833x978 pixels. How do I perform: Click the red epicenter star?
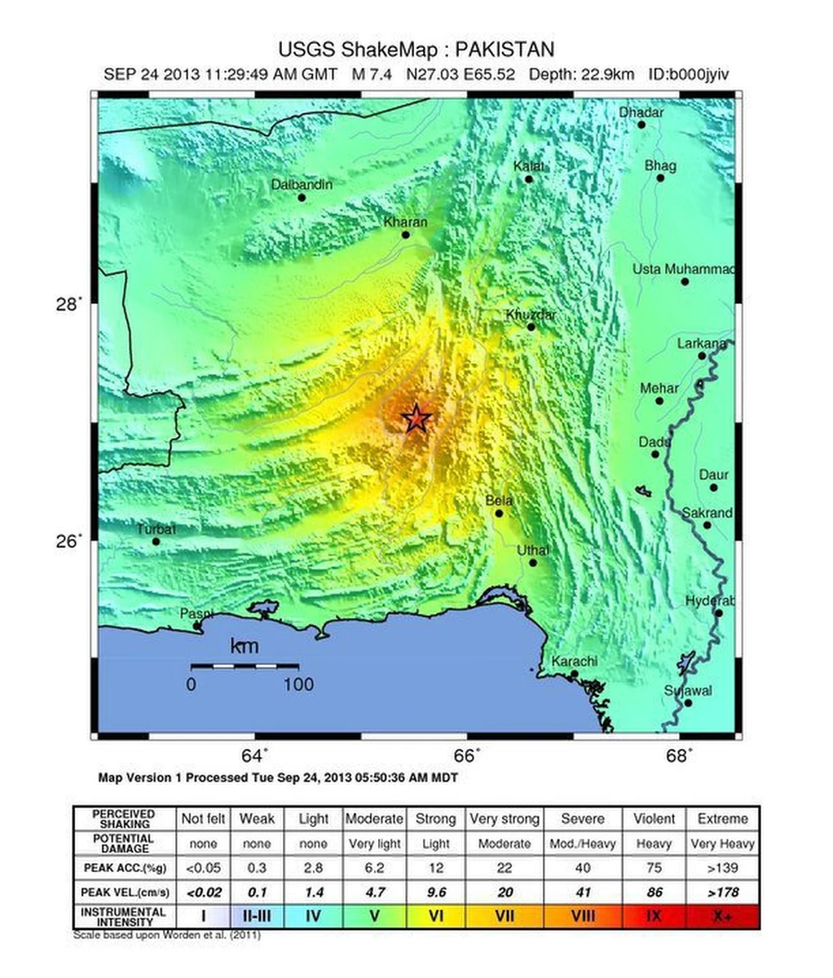[416, 418]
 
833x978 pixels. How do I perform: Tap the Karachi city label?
[575, 661]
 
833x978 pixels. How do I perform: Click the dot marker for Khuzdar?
[531, 327]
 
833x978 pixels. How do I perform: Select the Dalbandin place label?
[302, 185]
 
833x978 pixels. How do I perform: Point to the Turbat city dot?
[156, 541]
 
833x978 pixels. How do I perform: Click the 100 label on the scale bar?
[298, 684]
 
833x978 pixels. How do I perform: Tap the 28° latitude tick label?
[69, 304]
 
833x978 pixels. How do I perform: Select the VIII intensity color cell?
[583, 916]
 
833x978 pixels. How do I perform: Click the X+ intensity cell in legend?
[722, 916]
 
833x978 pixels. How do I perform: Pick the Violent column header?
[654, 818]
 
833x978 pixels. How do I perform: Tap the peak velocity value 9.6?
[436, 892]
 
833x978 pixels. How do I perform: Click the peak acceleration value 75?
[654, 868]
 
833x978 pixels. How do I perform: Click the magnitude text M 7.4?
[372, 74]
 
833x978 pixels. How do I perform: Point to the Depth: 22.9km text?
[581, 74]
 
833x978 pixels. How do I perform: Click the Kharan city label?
[405, 222]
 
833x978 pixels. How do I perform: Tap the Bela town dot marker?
[499, 513]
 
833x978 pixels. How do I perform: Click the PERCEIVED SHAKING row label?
[124, 818]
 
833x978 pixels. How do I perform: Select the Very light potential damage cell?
[373, 844]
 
